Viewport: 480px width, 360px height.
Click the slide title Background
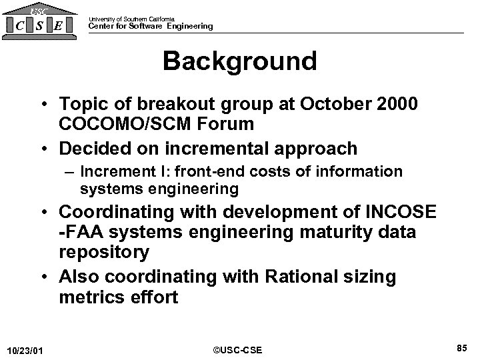tap(239, 61)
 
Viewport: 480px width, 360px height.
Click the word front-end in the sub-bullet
tap(210, 172)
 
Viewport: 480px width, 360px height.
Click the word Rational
tap(313, 276)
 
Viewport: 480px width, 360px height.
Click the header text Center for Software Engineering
tap(151, 26)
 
